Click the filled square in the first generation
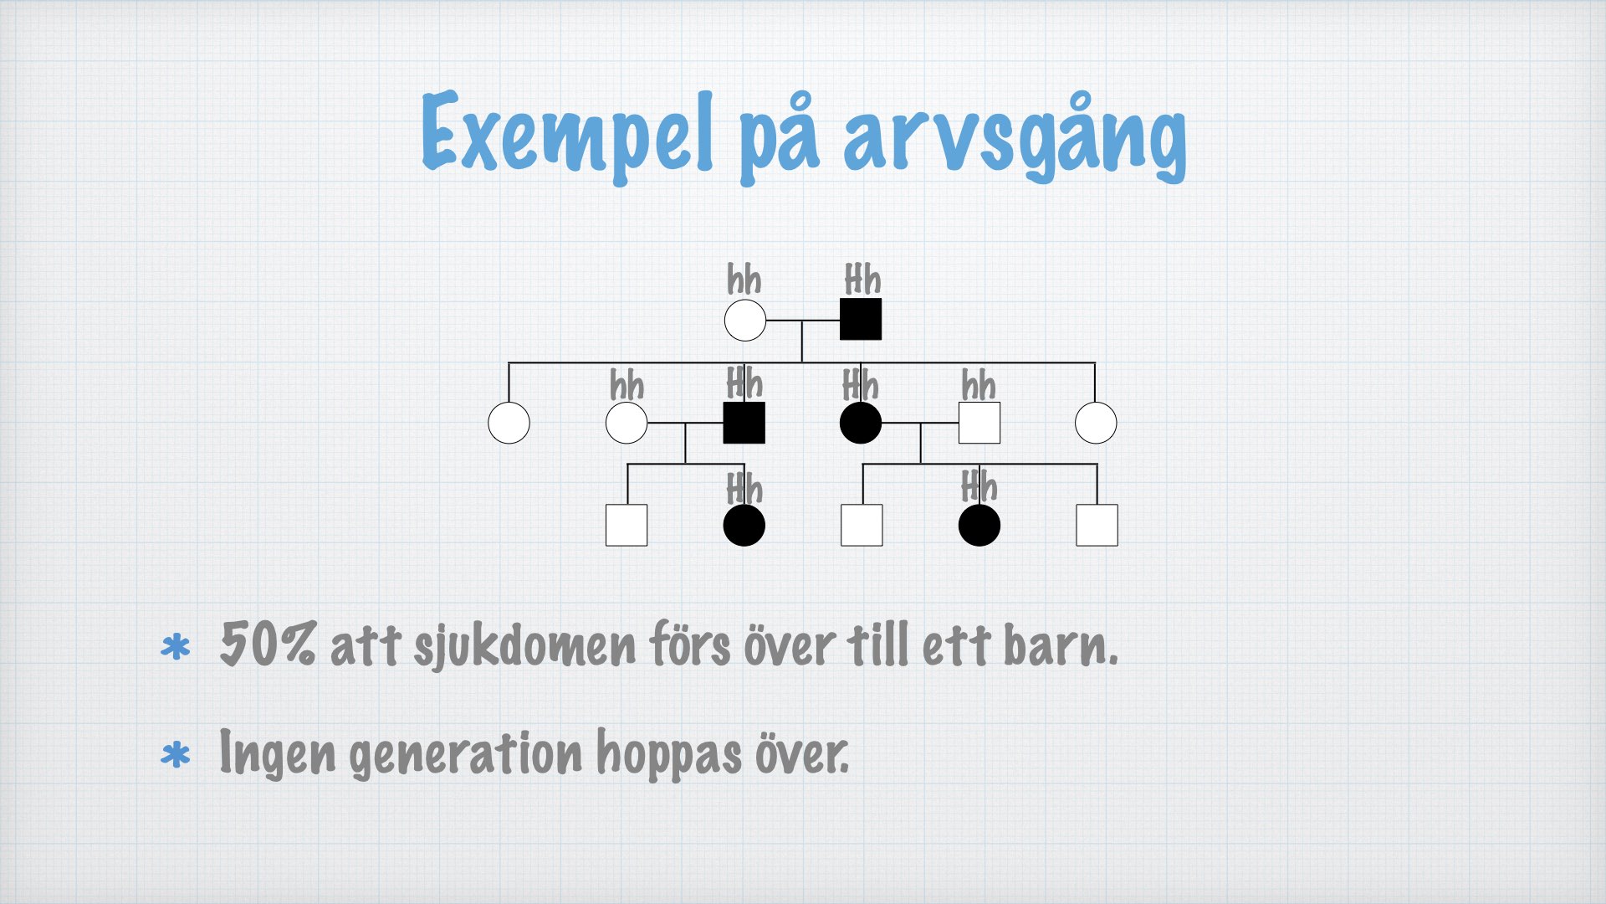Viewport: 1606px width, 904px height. pos(861,319)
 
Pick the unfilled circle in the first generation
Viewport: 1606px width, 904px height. pos(744,320)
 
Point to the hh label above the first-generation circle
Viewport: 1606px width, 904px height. pos(744,280)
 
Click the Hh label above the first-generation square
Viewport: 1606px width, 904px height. pos(862,280)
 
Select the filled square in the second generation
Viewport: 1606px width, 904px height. pos(744,423)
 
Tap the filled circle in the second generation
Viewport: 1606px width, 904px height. pos(861,423)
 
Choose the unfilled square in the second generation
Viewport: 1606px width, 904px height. pos(979,423)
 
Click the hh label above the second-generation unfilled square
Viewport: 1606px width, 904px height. pos(979,386)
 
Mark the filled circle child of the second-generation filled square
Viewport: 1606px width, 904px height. pos(744,525)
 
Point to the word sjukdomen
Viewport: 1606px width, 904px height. pos(524,647)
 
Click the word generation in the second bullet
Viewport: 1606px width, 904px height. pos(465,755)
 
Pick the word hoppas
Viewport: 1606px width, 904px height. pos(669,755)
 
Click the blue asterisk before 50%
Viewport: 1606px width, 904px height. pos(176,649)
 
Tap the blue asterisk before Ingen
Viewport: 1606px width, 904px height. pos(176,756)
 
